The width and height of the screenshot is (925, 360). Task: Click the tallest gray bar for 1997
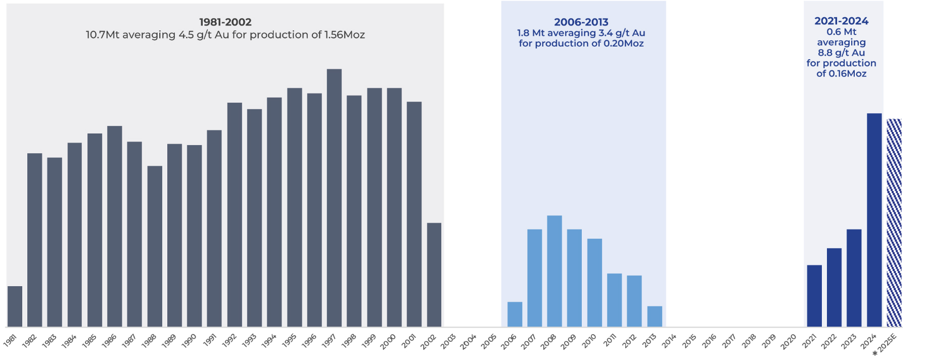(x=334, y=197)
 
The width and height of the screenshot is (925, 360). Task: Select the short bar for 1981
(x=15, y=306)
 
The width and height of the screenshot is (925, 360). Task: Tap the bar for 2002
(x=434, y=275)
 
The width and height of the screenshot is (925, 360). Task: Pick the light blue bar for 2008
(x=554, y=271)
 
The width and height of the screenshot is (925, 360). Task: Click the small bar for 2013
(x=655, y=316)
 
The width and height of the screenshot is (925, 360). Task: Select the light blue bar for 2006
(x=515, y=314)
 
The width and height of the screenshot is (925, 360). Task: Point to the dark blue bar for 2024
(x=874, y=220)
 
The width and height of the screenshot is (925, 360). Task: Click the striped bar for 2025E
(x=894, y=222)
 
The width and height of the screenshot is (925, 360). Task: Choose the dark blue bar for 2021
(x=814, y=296)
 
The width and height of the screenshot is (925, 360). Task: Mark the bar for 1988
(x=155, y=246)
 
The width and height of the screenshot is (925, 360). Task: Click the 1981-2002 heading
(x=225, y=22)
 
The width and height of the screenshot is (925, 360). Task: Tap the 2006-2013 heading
(x=581, y=22)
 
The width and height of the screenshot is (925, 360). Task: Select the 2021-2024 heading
(x=841, y=21)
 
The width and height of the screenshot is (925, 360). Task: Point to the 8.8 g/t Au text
(x=841, y=53)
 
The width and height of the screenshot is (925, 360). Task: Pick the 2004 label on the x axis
(x=468, y=342)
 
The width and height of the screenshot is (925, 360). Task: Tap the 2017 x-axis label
(x=729, y=342)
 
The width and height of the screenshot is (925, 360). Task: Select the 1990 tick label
(x=189, y=342)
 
